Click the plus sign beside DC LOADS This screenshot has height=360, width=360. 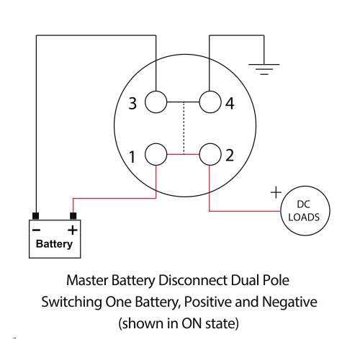276,192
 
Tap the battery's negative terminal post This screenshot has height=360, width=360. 36,216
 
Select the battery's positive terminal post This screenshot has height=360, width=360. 73,216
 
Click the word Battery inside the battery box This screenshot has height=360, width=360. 54,244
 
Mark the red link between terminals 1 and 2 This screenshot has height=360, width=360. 183,154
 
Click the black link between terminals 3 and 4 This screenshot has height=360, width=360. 183,102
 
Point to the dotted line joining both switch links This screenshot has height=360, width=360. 184,128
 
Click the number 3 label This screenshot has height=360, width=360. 132,104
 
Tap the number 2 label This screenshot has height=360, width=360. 230,156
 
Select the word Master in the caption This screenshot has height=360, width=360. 87,280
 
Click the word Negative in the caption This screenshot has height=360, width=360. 289,302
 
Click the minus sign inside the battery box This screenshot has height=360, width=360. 36,230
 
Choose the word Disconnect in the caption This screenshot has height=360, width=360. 193,280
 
